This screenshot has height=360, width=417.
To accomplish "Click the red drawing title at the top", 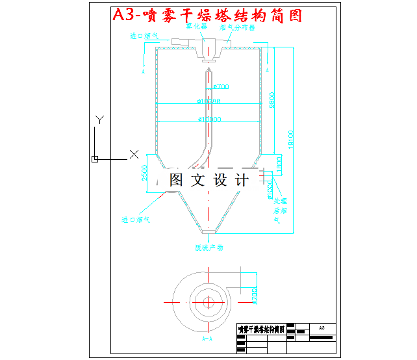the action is [207, 15].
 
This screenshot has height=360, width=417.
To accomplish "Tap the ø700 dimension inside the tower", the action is [221, 86].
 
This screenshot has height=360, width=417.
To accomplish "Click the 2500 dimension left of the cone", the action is [145, 174].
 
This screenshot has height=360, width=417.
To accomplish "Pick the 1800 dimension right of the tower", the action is [279, 165].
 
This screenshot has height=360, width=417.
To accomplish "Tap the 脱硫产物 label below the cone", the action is [209, 248].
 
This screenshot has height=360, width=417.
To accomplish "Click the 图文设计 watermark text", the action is [208, 180].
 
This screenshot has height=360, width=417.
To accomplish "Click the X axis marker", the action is [134, 154].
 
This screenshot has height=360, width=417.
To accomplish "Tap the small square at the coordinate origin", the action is [95, 159].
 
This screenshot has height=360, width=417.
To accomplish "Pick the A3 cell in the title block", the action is [323, 328].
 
